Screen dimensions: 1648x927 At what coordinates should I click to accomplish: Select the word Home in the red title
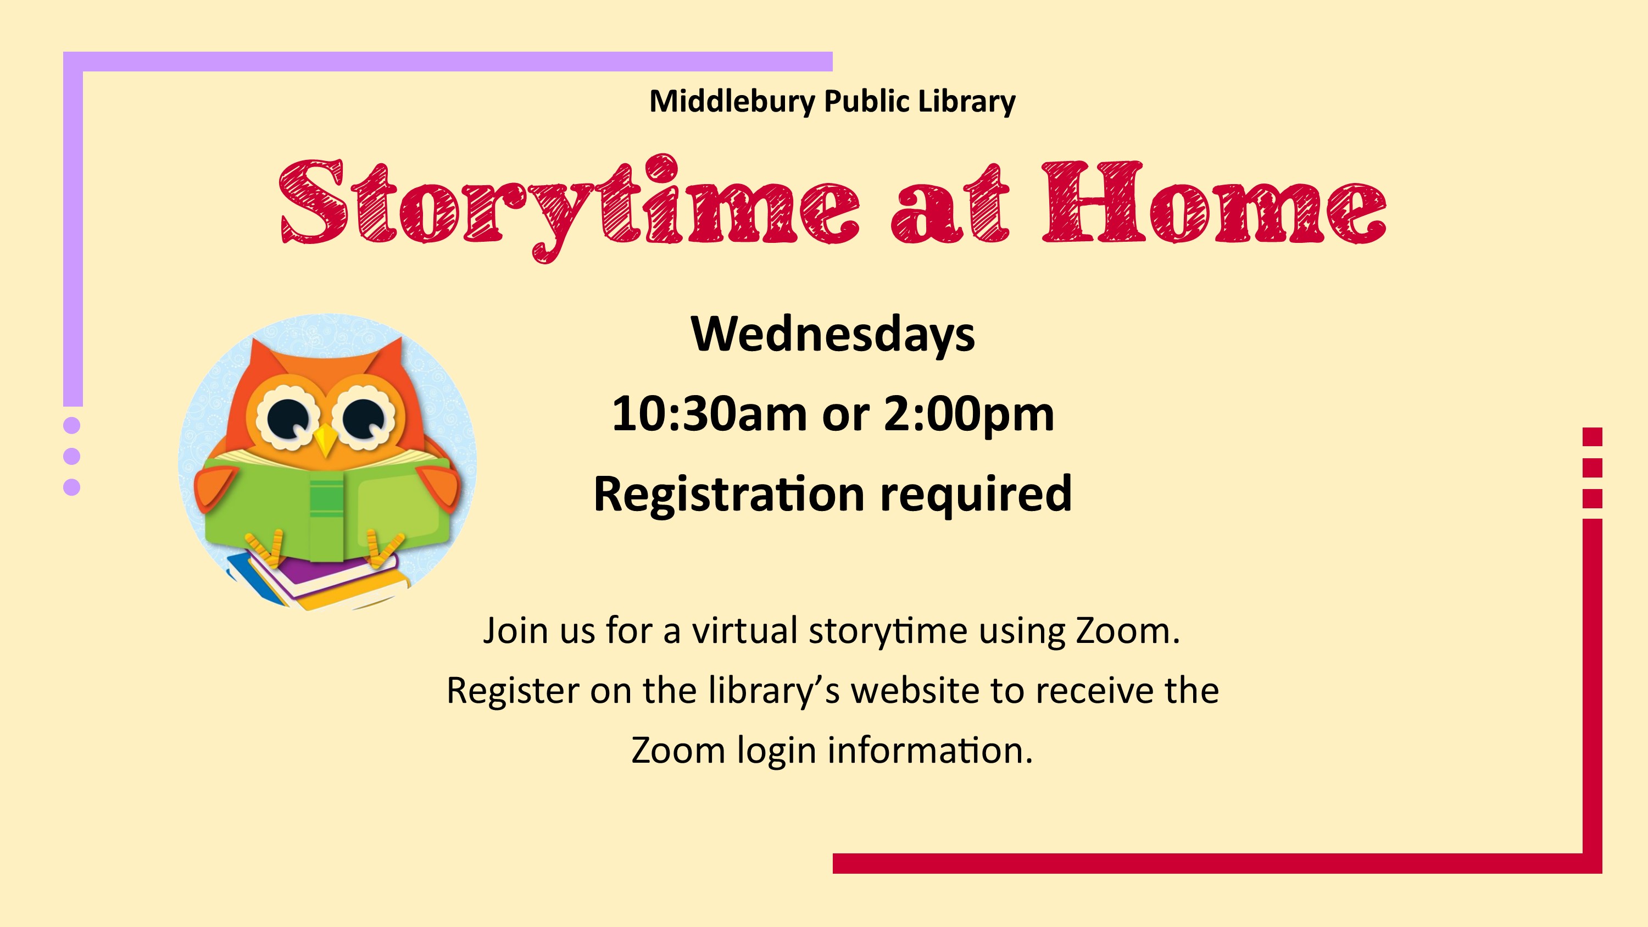[1214, 202]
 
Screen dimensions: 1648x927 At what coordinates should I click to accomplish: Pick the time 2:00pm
[968, 414]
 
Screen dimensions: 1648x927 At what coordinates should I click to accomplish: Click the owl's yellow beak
[326, 441]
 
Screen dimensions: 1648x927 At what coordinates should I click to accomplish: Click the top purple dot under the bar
[73, 425]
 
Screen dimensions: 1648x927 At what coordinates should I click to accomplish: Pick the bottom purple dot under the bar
[73, 487]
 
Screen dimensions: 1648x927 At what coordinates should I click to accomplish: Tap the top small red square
[1593, 437]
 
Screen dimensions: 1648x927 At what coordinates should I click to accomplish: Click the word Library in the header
[967, 102]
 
